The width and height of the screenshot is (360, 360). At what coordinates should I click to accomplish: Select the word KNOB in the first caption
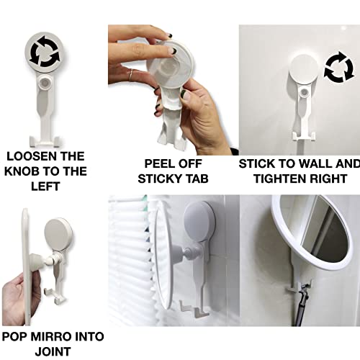pyautogui.click(x=38, y=171)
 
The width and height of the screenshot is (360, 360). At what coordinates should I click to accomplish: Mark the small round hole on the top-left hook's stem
pyautogui.click(x=47, y=84)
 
